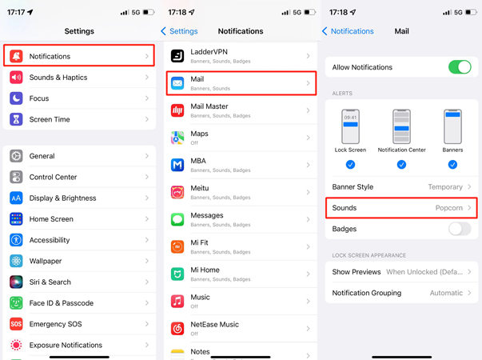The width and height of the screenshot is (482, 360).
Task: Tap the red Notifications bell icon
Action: (17, 56)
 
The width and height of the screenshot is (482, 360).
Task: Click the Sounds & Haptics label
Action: (58, 78)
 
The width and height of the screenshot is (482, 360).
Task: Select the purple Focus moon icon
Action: (17, 98)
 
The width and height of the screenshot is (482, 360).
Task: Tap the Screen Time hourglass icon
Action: (17, 119)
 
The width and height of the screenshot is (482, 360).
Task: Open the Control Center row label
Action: (53, 177)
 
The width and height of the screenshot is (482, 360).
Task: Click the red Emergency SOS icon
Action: (17, 324)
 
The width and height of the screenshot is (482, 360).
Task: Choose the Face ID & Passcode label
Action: (62, 303)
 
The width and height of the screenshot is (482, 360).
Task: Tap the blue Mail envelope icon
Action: (177, 83)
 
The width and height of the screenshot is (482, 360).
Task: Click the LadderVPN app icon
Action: (177, 55)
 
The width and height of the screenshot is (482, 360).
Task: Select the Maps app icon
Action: (177, 138)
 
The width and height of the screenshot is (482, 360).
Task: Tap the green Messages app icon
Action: (177, 218)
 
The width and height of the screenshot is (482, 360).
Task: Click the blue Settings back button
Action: (179, 31)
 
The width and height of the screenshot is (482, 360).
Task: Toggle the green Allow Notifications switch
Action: (459, 66)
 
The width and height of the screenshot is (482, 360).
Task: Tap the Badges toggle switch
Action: (459, 229)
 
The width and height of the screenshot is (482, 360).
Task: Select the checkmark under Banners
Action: (452, 164)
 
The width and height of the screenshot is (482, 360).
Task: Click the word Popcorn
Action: (449, 208)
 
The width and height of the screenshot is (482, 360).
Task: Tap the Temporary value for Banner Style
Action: (445, 186)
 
